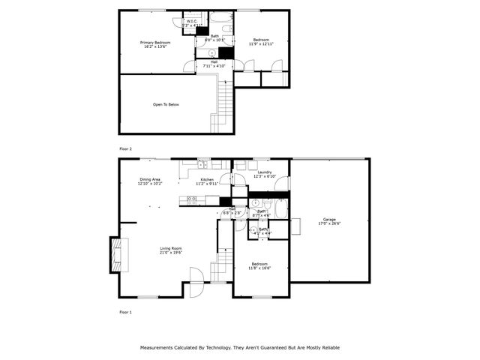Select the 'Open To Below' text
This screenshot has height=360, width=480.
166,104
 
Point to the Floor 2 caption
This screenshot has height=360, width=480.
125,149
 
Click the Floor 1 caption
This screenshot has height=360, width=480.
125,311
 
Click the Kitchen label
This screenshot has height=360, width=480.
206,180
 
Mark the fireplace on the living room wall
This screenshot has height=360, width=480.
116,255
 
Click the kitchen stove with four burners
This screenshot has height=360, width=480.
190,199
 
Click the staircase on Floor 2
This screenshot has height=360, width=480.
222,105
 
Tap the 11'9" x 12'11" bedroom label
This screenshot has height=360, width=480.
260,43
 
